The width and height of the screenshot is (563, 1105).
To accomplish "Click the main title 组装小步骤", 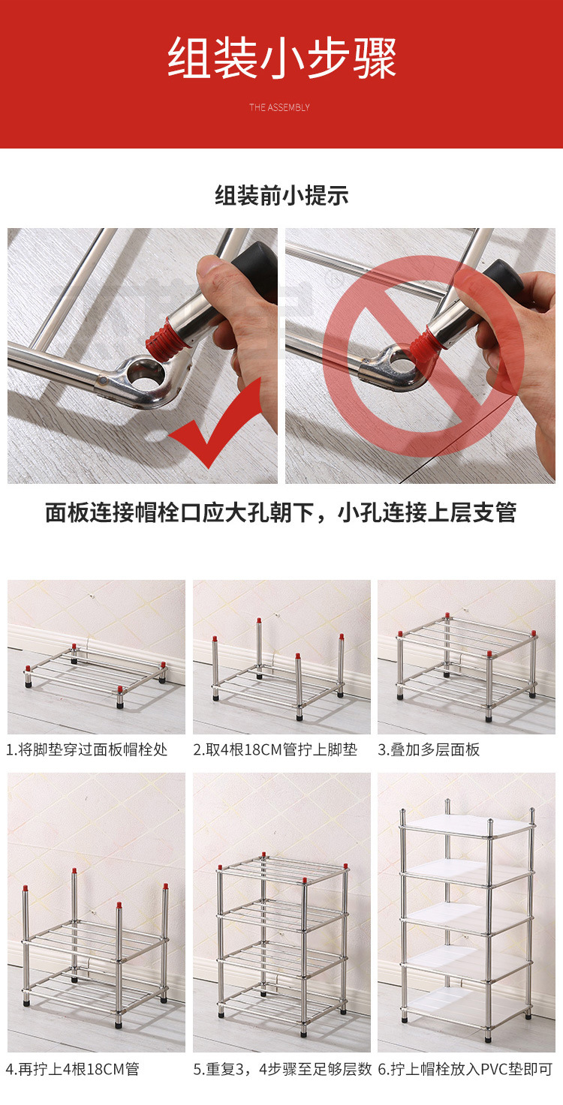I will click(281, 59).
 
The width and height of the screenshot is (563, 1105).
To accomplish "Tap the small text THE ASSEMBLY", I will click(279, 107).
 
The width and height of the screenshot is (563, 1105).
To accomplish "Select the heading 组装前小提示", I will click(281, 196).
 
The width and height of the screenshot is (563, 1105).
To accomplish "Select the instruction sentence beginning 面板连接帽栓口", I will click(281, 513).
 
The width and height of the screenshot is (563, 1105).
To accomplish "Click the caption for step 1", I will click(86, 749).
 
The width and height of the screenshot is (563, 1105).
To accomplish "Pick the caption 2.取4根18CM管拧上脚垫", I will click(275, 749).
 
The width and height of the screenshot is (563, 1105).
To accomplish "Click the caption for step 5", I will click(282, 1069).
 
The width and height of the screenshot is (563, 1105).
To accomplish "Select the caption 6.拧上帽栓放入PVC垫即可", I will click(465, 1069).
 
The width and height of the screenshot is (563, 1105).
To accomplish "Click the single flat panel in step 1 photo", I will click(96, 672).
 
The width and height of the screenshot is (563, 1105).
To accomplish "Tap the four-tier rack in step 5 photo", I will click(281, 938).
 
